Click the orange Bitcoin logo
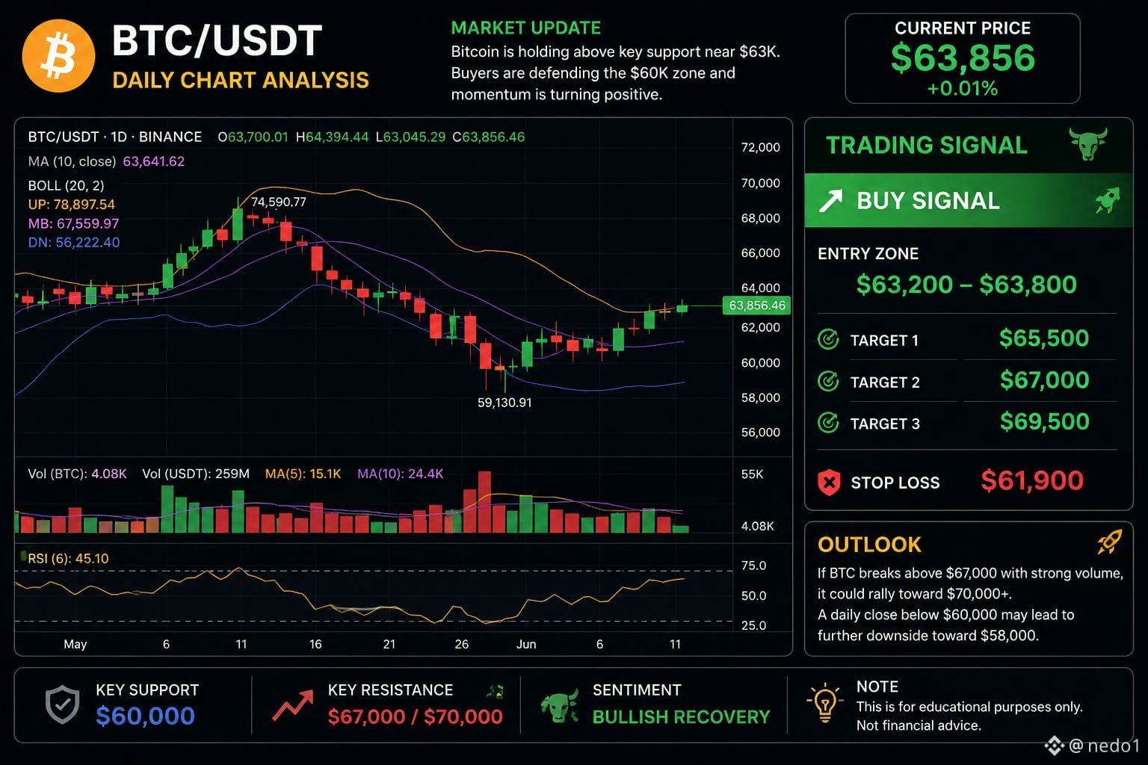click(x=58, y=56)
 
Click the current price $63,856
click(x=963, y=58)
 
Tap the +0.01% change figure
click(x=963, y=89)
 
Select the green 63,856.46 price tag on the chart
click(x=756, y=306)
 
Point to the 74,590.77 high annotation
click(x=278, y=202)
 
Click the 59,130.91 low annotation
click(x=504, y=403)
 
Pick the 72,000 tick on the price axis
click(x=761, y=148)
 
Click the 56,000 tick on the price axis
click(x=761, y=433)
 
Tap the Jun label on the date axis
click(x=526, y=644)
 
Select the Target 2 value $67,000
click(x=1044, y=380)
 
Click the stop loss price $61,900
click(x=1032, y=480)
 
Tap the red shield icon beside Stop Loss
click(x=829, y=482)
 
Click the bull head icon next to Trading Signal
click(x=1088, y=144)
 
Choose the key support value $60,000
click(x=146, y=716)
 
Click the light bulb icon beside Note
click(x=824, y=703)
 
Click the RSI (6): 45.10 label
click(x=68, y=559)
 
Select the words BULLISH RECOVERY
click(x=681, y=717)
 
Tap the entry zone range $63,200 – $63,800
click(x=966, y=285)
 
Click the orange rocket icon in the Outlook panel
click(x=1110, y=542)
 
